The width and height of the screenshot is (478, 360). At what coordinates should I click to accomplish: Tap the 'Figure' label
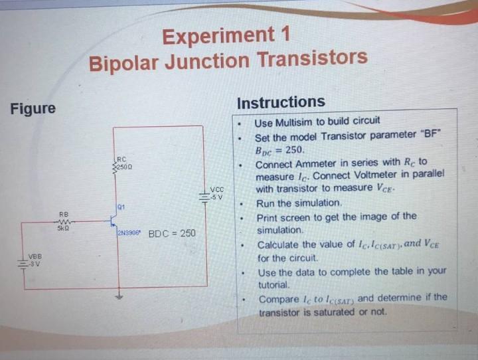pyautogui.click(x=33, y=108)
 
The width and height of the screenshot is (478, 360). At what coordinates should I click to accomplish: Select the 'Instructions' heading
pyautogui.click(x=281, y=102)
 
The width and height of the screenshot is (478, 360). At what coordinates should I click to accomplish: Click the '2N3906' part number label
pyautogui.click(x=128, y=234)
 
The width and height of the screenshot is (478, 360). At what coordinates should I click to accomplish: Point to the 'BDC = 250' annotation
pyautogui.click(x=172, y=234)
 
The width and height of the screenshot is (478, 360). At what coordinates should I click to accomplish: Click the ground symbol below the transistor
pyautogui.click(x=119, y=297)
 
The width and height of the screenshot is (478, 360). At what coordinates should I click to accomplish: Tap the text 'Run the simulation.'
pyautogui.click(x=299, y=203)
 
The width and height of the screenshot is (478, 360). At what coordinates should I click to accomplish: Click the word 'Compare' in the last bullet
pyautogui.click(x=279, y=299)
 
